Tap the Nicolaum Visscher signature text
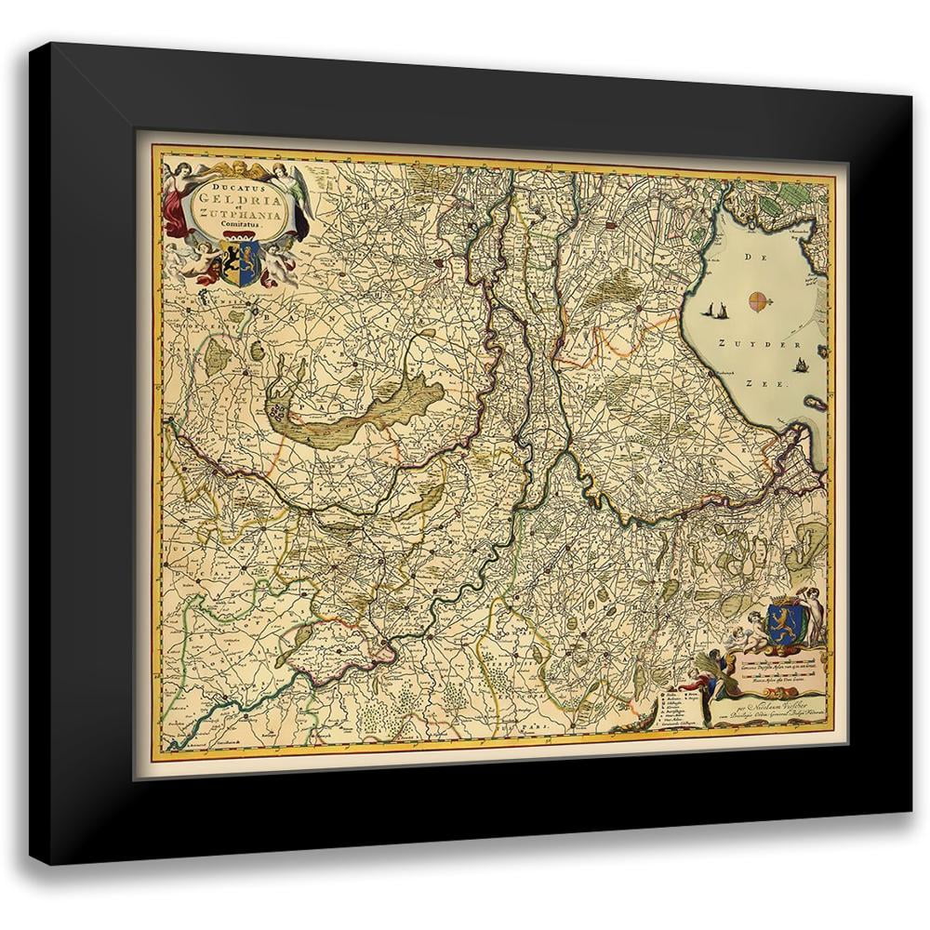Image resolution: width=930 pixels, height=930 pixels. (x=772, y=704)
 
